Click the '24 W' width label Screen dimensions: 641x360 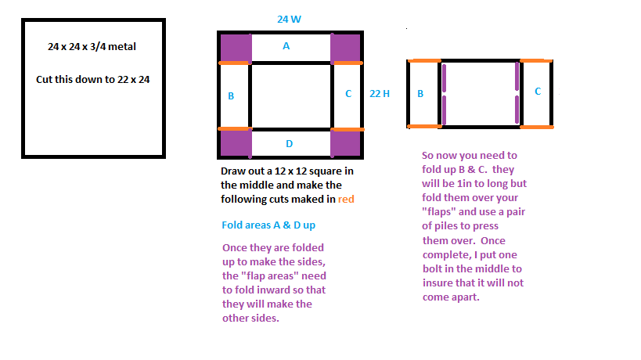click(289, 20)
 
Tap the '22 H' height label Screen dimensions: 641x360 click(380, 94)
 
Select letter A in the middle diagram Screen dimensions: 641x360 click(286, 46)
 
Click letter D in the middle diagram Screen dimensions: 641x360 click(290, 144)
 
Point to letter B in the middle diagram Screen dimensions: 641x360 click(231, 96)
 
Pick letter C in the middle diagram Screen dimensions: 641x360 click(348, 94)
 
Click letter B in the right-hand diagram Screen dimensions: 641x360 click(420, 94)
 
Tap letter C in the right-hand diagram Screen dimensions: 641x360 click(538, 91)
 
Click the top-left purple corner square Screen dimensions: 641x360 click(236, 49)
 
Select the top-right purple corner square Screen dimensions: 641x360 click(345, 49)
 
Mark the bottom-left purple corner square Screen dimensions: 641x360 click(236, 143)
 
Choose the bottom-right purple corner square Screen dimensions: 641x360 click(345, 143)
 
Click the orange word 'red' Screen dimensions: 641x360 click(346, 199)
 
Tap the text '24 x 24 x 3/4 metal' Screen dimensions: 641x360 click(92, 47)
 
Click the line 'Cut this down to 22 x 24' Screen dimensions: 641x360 click(93, 79)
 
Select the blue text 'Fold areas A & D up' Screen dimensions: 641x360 click(268, 225)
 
